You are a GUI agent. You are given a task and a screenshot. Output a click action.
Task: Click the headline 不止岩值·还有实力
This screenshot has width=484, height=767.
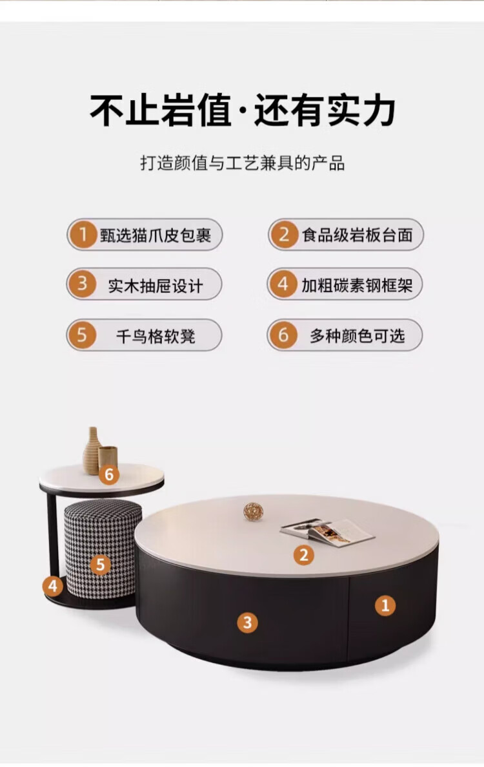[x=242, y=110]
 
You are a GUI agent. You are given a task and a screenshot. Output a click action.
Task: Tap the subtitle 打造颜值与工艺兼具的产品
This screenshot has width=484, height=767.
[x=242, y=163]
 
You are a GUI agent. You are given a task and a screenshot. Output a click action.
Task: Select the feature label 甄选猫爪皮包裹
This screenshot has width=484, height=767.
[x=156, y=235]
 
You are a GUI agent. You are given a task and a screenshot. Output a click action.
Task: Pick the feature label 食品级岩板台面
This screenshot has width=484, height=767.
[x=357, y=235]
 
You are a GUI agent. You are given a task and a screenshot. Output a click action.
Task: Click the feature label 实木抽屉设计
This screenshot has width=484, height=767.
[x=156, y=286]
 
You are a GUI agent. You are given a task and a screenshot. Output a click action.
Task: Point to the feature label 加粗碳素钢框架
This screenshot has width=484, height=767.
[x=357, y=285]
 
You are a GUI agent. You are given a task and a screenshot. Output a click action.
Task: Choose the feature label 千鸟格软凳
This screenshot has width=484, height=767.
[x=156, y=336]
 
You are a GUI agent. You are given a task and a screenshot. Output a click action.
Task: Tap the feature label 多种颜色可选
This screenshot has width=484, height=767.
[x=357, y=335]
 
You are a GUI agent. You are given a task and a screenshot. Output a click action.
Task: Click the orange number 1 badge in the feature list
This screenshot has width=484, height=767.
[x=83, y=235]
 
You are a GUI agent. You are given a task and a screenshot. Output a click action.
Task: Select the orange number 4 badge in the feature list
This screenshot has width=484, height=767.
[x=283, y=284]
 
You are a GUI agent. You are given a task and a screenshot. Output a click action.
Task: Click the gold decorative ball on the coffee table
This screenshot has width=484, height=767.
[x=254, y=511]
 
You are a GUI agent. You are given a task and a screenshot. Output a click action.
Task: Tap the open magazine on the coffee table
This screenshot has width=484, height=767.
[x=327, y=532]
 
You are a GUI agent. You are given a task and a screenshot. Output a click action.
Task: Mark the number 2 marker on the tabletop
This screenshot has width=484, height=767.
[x=304, y=555]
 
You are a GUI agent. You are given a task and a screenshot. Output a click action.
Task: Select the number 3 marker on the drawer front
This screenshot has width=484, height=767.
[x=247, y=623]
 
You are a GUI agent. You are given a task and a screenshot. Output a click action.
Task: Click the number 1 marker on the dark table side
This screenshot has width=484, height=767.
[x=385, y=605]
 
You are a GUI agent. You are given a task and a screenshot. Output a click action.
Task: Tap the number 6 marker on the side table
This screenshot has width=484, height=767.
[x=109, y=474]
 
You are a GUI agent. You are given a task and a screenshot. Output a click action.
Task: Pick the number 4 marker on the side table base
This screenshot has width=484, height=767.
[x=53, y=585]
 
